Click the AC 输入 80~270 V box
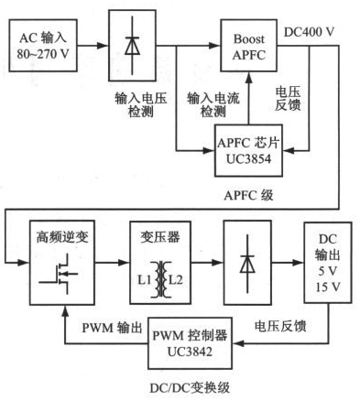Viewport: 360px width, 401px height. (x=43, y=46)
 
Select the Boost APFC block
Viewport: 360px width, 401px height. (x=249, y=46)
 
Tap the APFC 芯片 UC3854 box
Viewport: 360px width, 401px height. (x=248, y=150)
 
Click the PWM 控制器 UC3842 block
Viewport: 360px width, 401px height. (x=190, y=343)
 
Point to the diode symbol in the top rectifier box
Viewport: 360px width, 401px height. (x=132, y=46)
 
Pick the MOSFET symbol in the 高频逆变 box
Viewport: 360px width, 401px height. (x=59, y=274)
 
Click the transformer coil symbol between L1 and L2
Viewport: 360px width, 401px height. (x=160, y=279)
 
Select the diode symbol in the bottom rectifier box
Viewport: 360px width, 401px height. (x=247, y=263)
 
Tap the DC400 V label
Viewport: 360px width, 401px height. (x=310, y=32)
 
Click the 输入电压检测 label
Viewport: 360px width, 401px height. (x=141, y=105)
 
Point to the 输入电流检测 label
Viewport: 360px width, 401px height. (x=213, y=105)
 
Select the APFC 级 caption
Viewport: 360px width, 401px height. (x=248, y=195)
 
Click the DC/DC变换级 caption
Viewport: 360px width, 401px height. (x=190, y=388)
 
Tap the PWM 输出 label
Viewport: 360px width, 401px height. (x=113, y=328)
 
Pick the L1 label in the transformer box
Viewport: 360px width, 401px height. (x=144, y=279)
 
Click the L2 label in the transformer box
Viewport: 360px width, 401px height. (x=176, y=279)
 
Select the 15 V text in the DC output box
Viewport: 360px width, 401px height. (x=328, y=287)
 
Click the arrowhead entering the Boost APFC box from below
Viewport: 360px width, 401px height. (x=249, y=78)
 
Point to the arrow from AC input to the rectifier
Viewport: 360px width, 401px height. (x=93, y=46)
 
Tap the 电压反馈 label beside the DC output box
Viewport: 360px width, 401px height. (x=280, y=326)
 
